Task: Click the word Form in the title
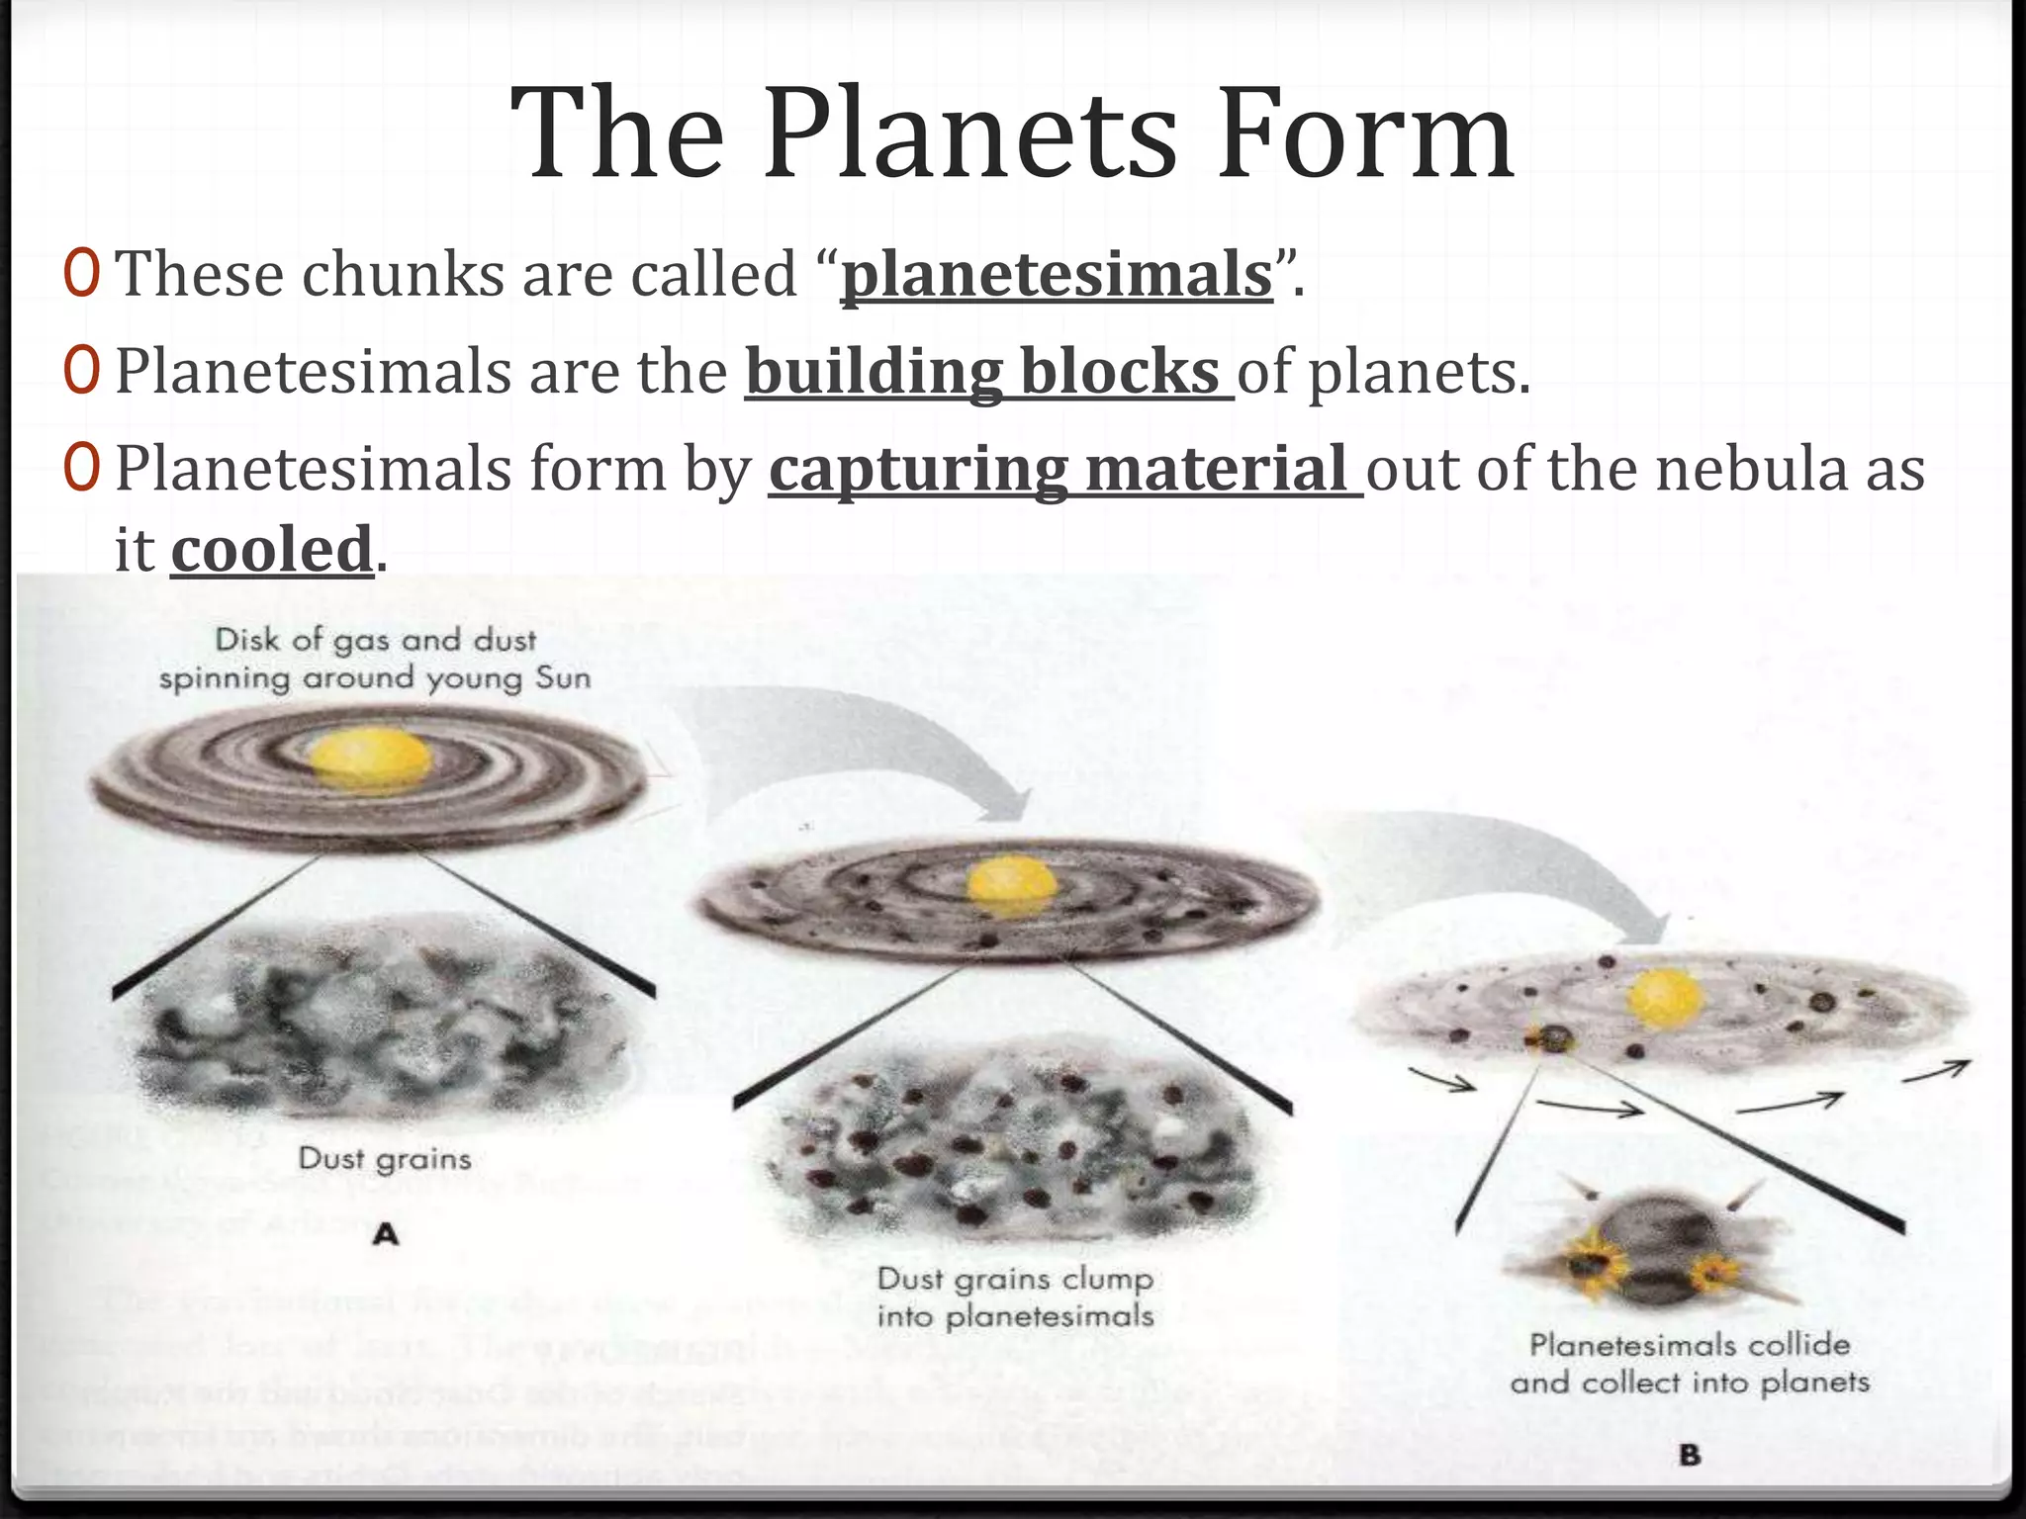1365,136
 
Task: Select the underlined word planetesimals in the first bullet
1057,275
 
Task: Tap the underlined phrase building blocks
989,372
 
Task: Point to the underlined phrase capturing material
1065,469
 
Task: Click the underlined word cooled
271,550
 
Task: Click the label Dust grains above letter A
385,1158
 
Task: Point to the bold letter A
386,1234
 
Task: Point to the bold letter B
1689,1456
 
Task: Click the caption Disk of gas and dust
375,640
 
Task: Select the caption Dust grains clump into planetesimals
1015,1296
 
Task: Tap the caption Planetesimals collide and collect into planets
1690,1363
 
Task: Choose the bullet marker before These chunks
81,275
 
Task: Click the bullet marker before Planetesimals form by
81,469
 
